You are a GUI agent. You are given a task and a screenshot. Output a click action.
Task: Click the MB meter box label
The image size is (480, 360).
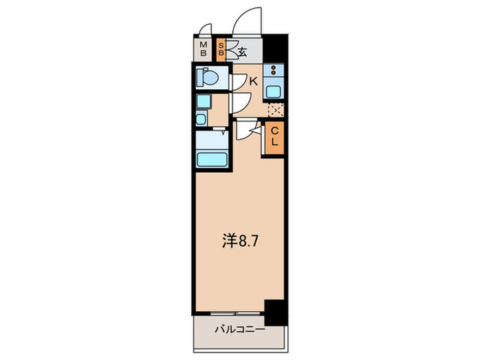click(x=204, y=49)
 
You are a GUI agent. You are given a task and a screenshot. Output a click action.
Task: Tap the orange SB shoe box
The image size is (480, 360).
click(x=221, y=49)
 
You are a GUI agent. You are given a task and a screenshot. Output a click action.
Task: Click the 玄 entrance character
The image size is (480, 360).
click(x=241, y=50)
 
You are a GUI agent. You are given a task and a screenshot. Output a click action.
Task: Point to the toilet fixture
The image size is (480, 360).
click(x=207, y=78)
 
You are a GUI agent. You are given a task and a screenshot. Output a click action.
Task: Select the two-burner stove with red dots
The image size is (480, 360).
click(x=274, y=71)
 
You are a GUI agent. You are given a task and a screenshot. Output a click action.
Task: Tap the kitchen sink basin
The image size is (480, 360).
click(x=274, y=89)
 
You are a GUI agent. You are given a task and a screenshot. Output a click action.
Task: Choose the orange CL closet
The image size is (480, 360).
click(x=274, y=137)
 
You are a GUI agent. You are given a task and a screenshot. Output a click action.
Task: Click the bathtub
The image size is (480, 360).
click(x=212, y=159)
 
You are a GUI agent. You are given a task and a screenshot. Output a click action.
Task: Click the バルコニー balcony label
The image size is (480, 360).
click(x=237, y=330)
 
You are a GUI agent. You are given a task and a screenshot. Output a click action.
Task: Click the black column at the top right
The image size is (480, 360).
click(x=275, y=49)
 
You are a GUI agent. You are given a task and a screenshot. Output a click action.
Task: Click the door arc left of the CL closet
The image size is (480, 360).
click(x=248, y=130)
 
